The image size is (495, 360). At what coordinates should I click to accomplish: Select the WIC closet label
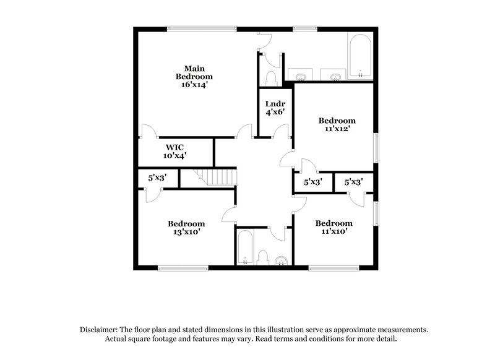[x=175, y=147]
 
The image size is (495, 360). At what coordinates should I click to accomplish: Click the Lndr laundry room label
[x=275, y=104]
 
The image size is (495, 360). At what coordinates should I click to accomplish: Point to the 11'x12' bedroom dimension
[x=337, y=129]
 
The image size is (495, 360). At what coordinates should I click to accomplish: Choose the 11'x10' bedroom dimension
[x=334, y=232]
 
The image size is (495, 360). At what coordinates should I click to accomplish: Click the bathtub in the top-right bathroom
[x=359, y=59]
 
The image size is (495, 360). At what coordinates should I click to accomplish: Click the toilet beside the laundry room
[x=270, y=78]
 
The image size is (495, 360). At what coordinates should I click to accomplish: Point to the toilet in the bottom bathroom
[x=262, y=257]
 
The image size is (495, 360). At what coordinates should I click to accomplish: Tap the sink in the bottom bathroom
[x=282, y=259]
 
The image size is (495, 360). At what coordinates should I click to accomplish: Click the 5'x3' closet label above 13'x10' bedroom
[x=157, y=178]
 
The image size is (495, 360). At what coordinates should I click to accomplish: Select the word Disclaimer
[x=100, y=330]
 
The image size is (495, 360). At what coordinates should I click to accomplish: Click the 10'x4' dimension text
[x=175, y=156]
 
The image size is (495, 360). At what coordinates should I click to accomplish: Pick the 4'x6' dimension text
[x=275, y=113]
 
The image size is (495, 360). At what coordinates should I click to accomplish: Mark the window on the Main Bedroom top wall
[x=202, y=28]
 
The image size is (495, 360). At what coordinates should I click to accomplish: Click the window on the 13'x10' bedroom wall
[x=183, y=268]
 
